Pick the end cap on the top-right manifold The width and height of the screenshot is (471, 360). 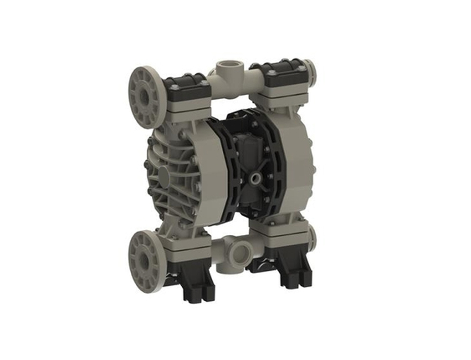[x=311, y=70]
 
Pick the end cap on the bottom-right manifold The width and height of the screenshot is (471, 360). [x=311, y=235]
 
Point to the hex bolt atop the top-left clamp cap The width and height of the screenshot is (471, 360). [x=175, y=87]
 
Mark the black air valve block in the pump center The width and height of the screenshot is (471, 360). [x=252, y=161]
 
